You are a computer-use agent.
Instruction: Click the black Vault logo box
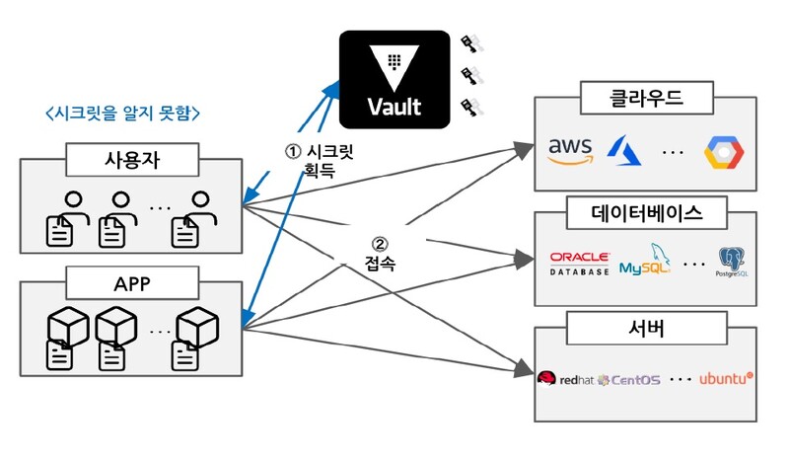(x=393, y=78)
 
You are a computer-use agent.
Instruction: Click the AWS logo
(x=573, y=150)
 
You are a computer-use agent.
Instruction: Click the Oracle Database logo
(x=580, y=263)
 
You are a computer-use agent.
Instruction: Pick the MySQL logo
(x=644, y=262)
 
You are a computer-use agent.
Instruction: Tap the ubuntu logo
(x=726, y=378)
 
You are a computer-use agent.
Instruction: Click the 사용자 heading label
(x=131, y=157)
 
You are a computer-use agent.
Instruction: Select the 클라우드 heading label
(x=645, y=98)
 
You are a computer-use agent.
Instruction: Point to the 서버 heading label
(x=645, y=328)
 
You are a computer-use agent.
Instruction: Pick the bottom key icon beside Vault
(x=470, y=106)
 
